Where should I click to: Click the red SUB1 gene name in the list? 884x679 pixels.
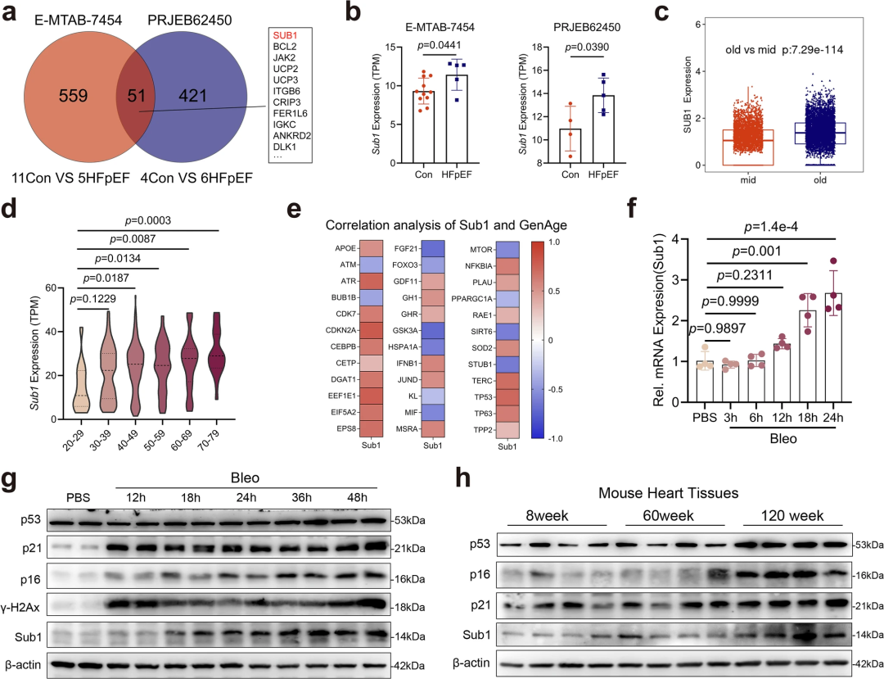point(285,35)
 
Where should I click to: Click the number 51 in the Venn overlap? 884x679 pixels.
point(137,96)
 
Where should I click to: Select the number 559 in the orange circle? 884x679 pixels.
point(74,96)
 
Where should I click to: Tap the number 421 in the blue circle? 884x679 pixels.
point(193,96)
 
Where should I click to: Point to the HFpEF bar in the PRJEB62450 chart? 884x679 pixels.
point(604,129)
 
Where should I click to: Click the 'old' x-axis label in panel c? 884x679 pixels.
point(819,180)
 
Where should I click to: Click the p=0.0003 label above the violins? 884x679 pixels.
point(147,220)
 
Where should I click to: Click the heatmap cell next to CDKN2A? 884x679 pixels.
point(372,330)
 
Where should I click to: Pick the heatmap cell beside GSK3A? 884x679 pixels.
point(433,330)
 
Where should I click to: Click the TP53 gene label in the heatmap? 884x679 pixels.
point(484,397)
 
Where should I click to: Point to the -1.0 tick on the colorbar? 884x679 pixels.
point(555,438)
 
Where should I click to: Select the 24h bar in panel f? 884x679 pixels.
point(833,347)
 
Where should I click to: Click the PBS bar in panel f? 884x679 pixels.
point(705,381)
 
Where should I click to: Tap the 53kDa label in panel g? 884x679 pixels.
point(408,520)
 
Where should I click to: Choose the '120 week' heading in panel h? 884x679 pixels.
point(792,515)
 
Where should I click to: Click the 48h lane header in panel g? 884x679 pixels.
point(357,497)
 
